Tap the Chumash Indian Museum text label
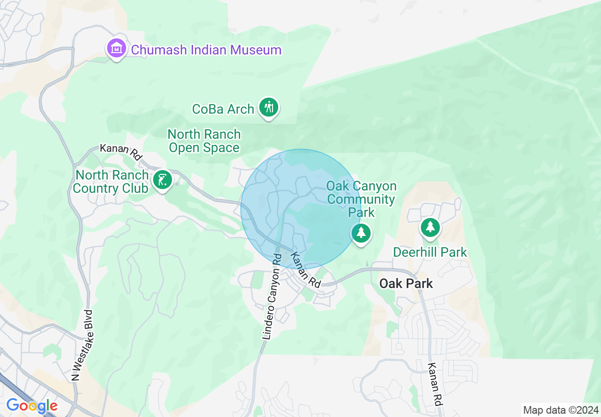pos(206,50)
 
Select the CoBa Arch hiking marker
pos(269,108)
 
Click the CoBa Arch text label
pos(223,109)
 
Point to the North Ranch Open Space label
pos(204,141)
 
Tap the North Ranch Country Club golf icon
pos(163,180)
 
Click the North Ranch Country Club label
pos(110,181)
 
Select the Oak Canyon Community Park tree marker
pos(361,233)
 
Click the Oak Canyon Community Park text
pos(361,199)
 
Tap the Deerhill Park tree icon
pos(430,227)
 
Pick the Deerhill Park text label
pos(430,252)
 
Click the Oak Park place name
pos(406,283)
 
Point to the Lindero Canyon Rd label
pos(272,296)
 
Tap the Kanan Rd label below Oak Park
pos(435,384)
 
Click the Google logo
pos(32,406)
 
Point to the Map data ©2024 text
pos(560,410)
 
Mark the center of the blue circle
pos(300,209)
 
